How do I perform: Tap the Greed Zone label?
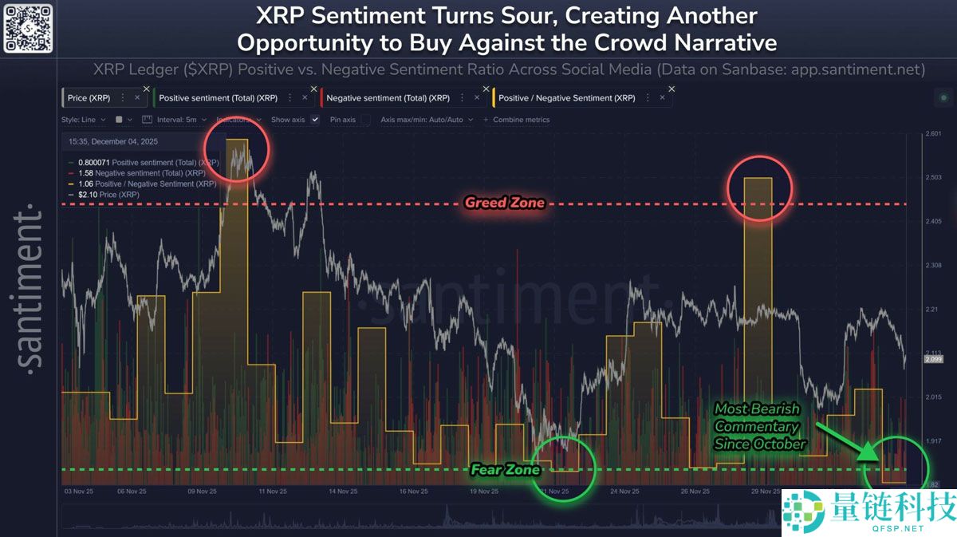(505, 203)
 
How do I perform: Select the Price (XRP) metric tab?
(89, 98)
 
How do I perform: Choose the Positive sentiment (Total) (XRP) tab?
(217, 98)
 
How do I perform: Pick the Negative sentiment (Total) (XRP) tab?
(387, 98)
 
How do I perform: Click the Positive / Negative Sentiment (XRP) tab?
(566, 98)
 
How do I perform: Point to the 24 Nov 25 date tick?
(626, 492)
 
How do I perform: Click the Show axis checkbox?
(315, 120)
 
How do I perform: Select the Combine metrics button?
(516, 120)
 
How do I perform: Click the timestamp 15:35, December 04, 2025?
(112, 141)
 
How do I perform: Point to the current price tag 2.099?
(933, 359)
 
